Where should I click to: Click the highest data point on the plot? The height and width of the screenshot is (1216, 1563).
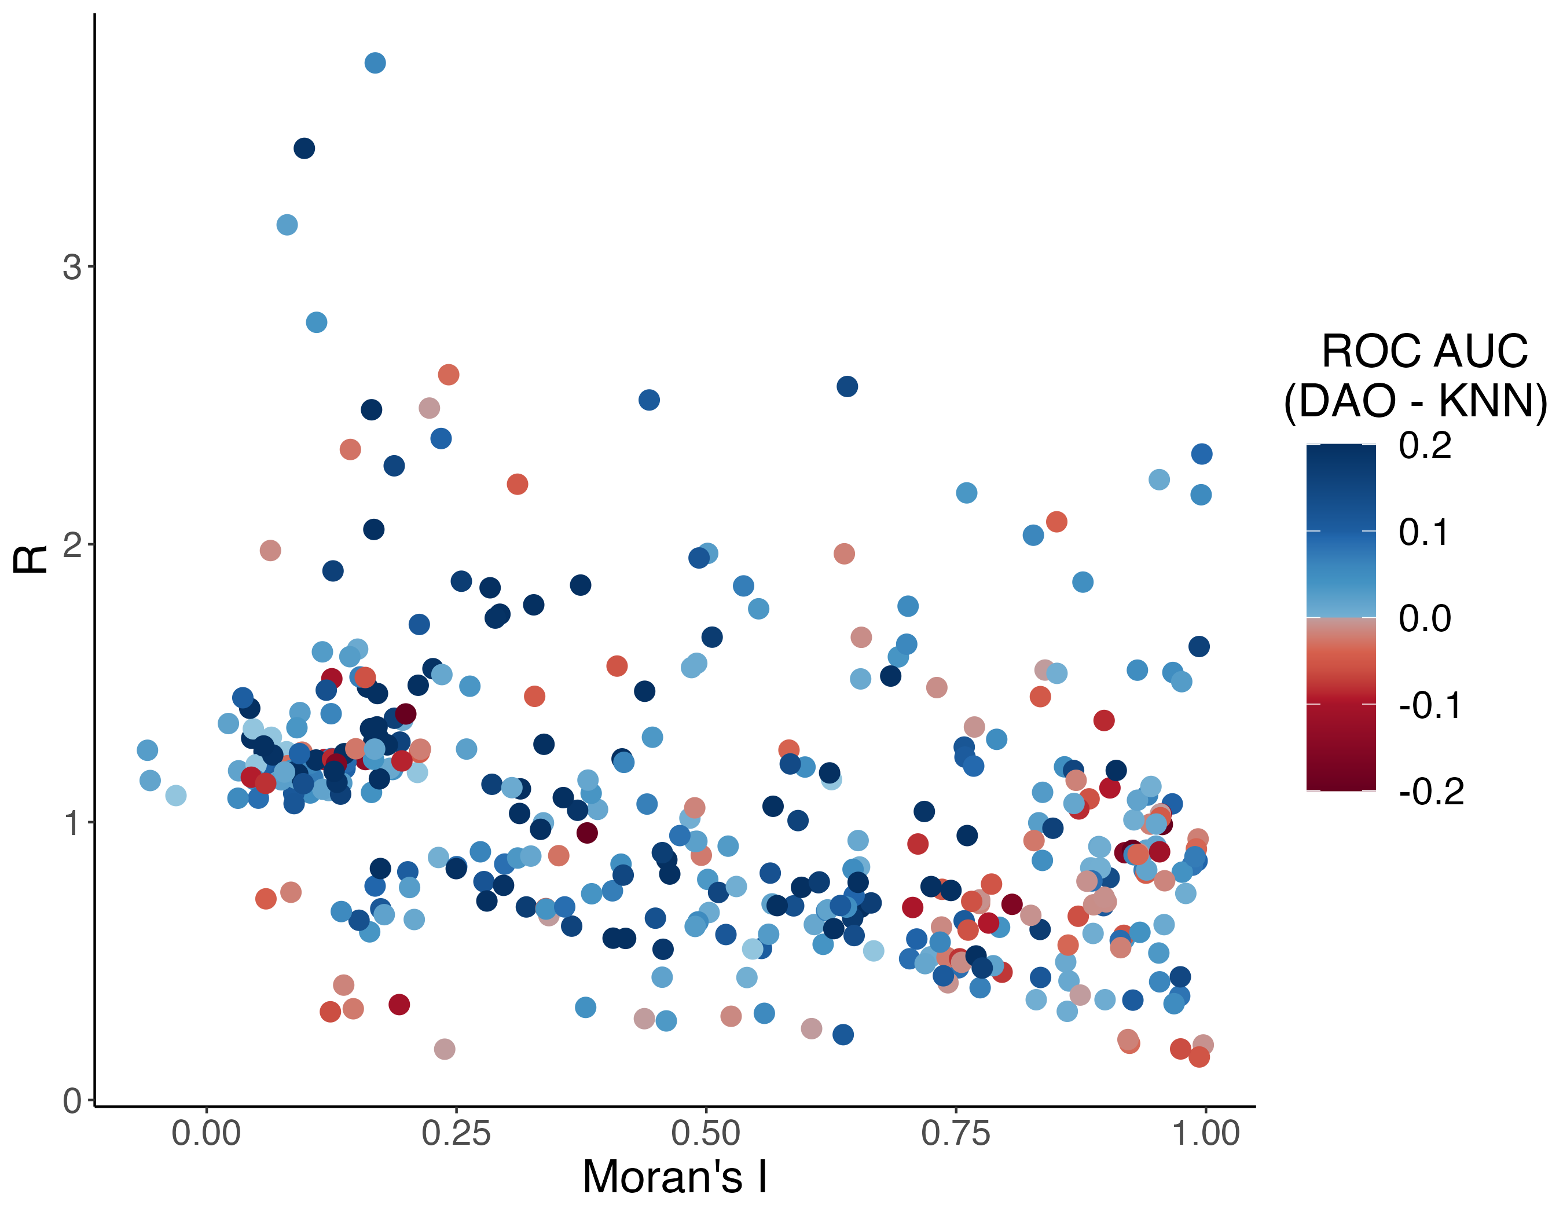pyautogui.click(x=375, y=63)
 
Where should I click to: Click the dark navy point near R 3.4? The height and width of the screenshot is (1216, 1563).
pyautogui.click(x=304, y=148)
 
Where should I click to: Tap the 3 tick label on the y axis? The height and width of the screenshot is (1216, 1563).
pyautogui.click(x=72, y=267)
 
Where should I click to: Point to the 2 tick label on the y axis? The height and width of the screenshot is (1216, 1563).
pyautogui.click(x=72, y=545)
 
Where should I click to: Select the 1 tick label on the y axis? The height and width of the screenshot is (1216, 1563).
pyautogui.click(x=72, y=823)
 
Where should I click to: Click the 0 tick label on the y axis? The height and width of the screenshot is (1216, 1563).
pyautogui.click(x=72, y=1101)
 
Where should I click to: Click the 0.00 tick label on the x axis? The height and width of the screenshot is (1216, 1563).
pyautogui.click(x=206, y=1133)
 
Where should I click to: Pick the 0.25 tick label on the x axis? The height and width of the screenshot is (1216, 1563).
pyautogui.click(x=456, y=1133)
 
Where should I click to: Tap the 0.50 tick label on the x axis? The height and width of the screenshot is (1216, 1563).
pyautogui.click(x=706, y=1133)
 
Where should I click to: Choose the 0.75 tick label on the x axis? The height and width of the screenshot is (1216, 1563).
pyautogui.click(x=955, y=1133)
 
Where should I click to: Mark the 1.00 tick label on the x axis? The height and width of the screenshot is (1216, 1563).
pyautogui.click(x=1205, y=1133)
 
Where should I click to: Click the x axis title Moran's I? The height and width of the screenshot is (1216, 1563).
pyautogui.click(x=675, y=1177)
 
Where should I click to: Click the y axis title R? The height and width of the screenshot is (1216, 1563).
pyautogui.click(x=30, y=559)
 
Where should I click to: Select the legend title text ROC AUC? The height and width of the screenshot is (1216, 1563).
pyautogui.click(x=1424, y=351)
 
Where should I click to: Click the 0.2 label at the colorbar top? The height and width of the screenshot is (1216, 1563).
pyautogui.click(x=1425, y=445)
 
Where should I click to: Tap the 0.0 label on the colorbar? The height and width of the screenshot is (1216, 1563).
pyautogui.click(x=1425, y=618)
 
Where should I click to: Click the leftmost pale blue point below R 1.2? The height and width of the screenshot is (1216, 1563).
pyautogui.click(x=176, y=795)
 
